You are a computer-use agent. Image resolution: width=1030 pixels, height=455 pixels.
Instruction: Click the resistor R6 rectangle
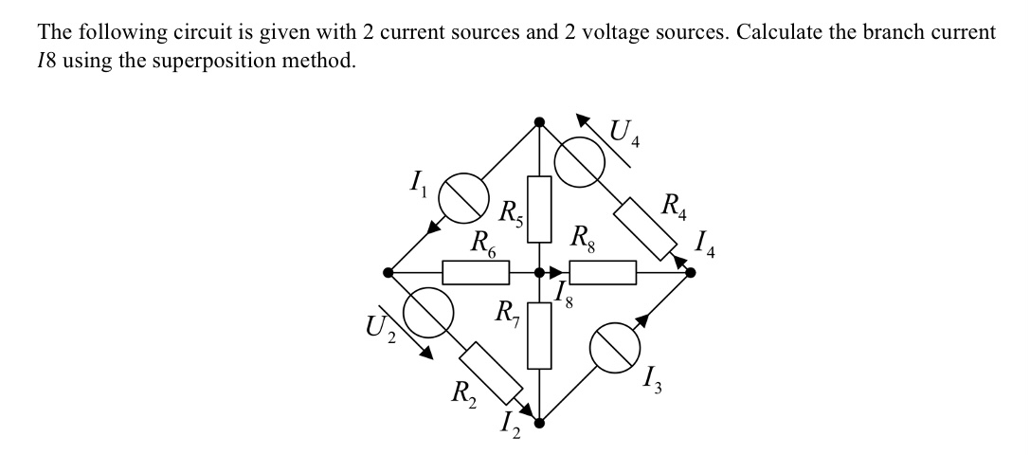[x=476, y=273]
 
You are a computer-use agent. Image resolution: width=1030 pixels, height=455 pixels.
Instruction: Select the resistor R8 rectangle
[x=603, y=273]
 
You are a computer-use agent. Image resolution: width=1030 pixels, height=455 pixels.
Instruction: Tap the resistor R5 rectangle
[x=539, y=209]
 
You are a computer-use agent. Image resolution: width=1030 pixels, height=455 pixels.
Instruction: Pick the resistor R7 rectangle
[x=539, y=336]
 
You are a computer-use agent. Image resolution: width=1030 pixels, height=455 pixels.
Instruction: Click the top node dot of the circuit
[x=539, y=121]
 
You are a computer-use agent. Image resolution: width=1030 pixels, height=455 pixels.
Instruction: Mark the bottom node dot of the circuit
[x=539, y=424]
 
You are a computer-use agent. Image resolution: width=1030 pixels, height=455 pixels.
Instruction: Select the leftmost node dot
[x=388, y=273]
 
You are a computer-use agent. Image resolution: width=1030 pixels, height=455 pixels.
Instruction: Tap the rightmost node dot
[x=690, y=273]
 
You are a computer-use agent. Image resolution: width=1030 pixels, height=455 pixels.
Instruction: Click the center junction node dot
[x=539, y=273]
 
